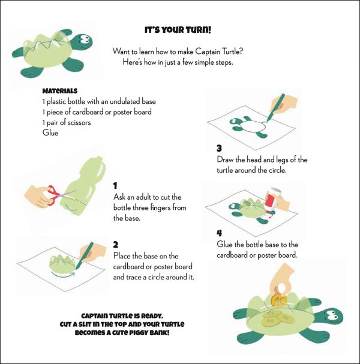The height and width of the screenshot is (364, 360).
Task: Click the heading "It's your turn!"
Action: (178, 30)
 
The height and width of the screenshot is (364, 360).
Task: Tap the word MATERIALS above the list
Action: (59, 91)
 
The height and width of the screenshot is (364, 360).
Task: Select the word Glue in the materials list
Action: (50, 133)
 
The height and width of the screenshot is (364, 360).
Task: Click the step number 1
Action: (115, 186)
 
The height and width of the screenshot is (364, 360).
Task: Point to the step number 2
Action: (116, 245)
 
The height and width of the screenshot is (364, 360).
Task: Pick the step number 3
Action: (219, 148)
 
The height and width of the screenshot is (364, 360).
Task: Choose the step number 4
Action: (219, 233)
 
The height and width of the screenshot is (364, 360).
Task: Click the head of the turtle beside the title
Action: (83, 41)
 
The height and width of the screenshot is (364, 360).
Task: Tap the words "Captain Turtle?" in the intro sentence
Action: (219, 52)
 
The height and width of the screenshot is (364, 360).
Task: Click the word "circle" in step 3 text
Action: (277, 170)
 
